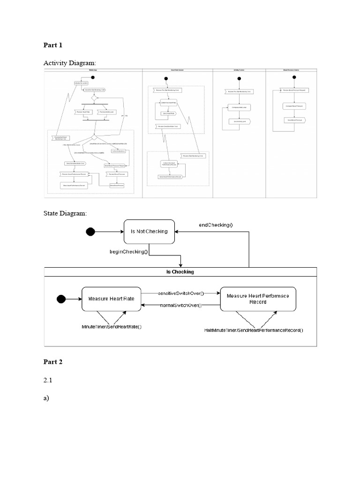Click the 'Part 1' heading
53,45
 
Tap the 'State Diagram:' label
65,213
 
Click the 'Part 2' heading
53,362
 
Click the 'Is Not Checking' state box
149,232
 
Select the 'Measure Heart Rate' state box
112,299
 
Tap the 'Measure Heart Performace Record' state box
258,299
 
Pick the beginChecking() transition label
128,252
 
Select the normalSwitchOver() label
180,305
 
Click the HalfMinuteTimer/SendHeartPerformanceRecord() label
254,330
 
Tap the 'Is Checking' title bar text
180,272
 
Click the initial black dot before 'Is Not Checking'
90,231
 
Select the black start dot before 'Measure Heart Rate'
61,299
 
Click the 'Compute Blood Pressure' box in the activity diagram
293,106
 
